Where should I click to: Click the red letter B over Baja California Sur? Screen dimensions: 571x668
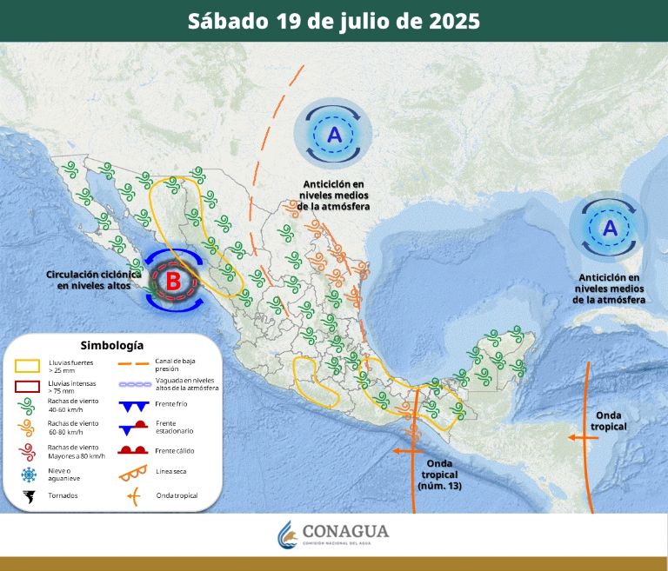pyautogui.click(x=173, y=281)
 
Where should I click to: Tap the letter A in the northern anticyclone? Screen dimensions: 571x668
pyautogui.click(x=335, y=135)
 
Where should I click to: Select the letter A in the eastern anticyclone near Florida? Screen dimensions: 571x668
pyautogui.click(x=610, y=229)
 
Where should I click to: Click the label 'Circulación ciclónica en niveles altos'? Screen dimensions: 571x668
pyautogui.click(x=94, y=279)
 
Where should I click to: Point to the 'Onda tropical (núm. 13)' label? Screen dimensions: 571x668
pyautogui.click(x=441, y=474)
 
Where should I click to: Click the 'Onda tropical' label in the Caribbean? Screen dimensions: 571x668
pyautogui.click(x=608, y=421)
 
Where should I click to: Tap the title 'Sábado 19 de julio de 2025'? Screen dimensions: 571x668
pyautogui.click(x=334, y=21)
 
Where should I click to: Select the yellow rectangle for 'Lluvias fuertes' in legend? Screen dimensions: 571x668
pyautogui.click(x=29, y=364)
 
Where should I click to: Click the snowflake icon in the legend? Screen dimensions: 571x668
pyautogui.click(x=29, y=474)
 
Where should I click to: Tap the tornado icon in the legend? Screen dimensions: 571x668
pyautogui.click(x=29, y=496)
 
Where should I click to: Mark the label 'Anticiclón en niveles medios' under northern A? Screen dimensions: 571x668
pyautogui.click(x=334, y=196)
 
